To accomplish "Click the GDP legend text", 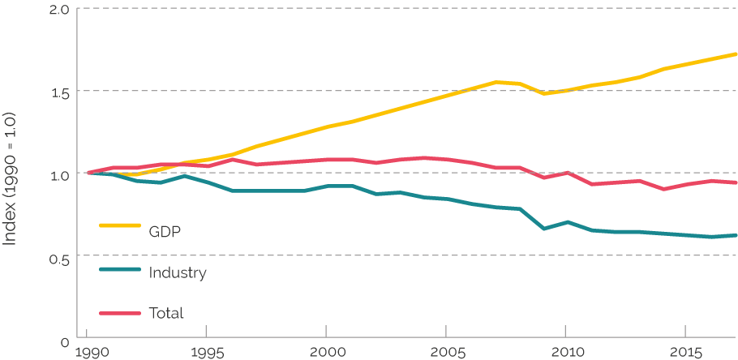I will tap(165, 232).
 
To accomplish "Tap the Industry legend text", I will tap(178, 272).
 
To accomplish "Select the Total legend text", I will tap(166, 313).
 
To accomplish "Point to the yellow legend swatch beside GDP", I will tap(119, 225).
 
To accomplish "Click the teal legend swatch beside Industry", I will tap(119, 267).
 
